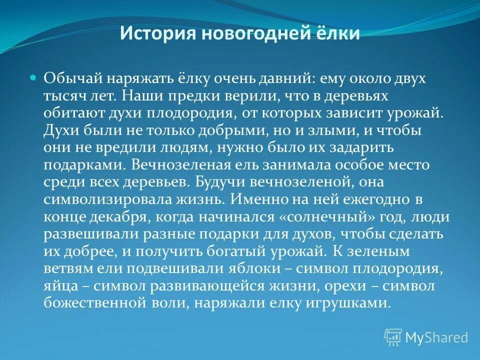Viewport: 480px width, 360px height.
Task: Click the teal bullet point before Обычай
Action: coord(34,78)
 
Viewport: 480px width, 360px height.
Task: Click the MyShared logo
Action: coord(426,337)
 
